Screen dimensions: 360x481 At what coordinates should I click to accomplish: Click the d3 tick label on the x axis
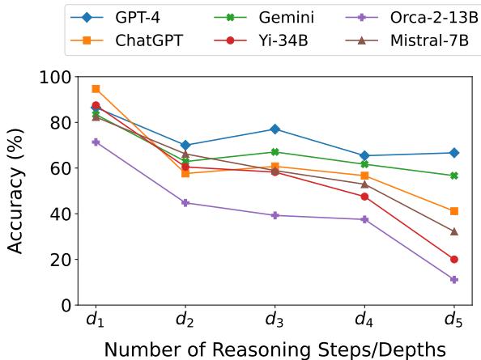coord(275,322)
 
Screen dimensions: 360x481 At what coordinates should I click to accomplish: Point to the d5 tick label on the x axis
coord(454,322)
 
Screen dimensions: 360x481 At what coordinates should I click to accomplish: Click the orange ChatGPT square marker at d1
coord(96,88)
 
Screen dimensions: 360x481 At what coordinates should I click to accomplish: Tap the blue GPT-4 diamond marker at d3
coord(275,129)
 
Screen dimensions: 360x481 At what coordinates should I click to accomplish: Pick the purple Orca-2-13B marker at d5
coord(454,280)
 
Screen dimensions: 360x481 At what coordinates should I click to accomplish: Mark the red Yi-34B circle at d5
coord(454,260)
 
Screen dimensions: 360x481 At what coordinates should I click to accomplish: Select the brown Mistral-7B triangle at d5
coord(454,231)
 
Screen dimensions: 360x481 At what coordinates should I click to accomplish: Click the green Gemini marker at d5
coord(454,176)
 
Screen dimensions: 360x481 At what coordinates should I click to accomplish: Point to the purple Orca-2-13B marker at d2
coord(185,203)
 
